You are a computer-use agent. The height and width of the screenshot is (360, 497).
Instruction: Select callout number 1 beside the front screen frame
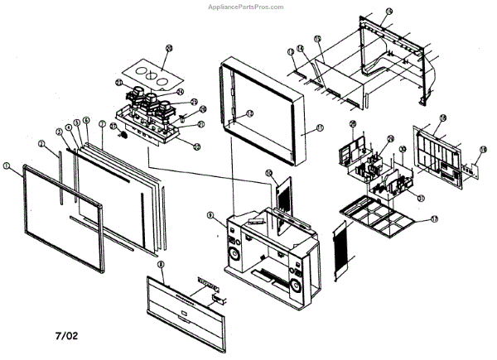coord(7,166)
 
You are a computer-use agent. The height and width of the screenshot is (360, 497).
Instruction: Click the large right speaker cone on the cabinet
coord(297,287)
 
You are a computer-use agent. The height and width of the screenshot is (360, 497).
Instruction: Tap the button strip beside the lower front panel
coord(205,282)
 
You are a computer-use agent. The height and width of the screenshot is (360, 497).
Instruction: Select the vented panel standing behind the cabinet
coord(281,195)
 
